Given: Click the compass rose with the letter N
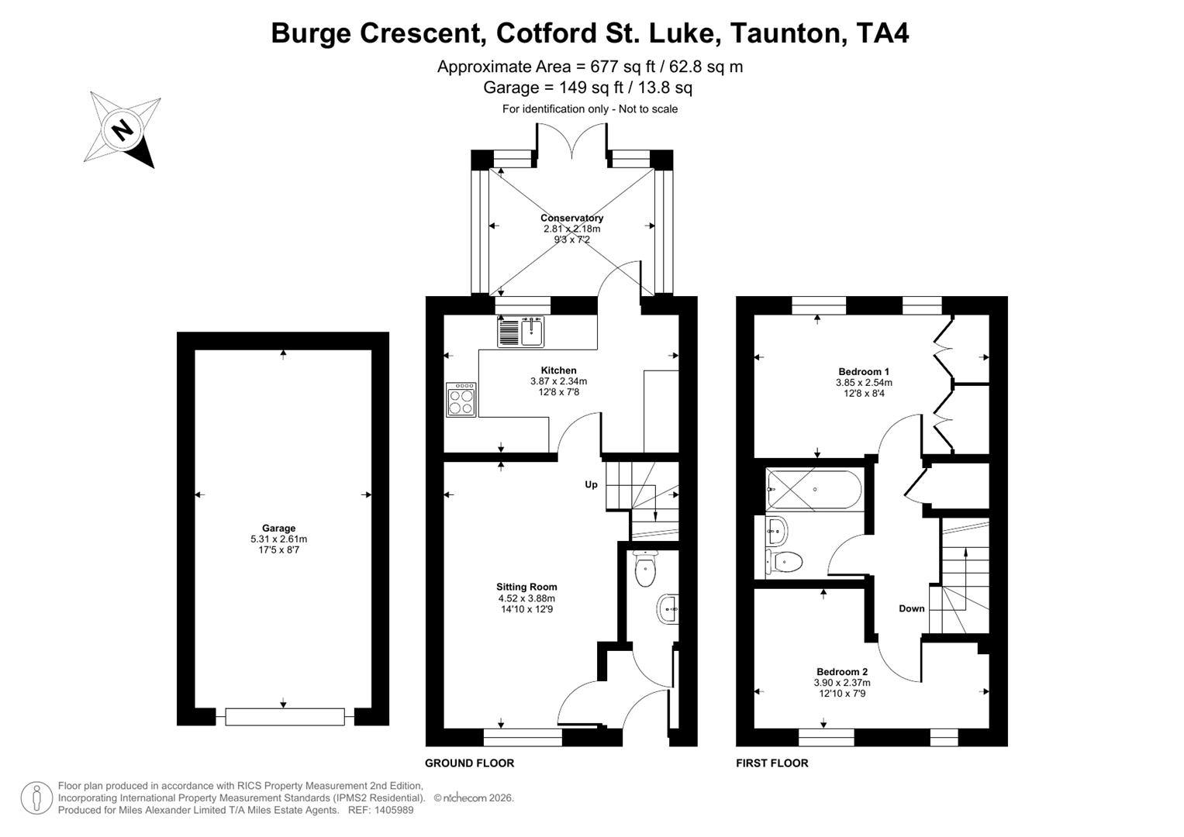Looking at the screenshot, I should (x=122, y=129).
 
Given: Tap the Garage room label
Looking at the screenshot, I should (x=278, y=529).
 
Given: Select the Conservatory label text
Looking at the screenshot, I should (x=571, y=218).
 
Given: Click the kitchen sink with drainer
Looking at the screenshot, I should (x=522, y=331).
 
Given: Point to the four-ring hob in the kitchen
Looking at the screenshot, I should (x=461, y=400).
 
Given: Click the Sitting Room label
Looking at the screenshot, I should (x=526, y=587).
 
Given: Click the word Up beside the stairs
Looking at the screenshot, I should (x=591, y=485).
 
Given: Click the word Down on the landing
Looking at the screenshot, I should (x=912, y=608).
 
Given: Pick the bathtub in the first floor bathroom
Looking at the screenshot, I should (x=813, y=489).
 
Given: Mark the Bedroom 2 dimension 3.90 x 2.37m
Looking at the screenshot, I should (x=842, y=683).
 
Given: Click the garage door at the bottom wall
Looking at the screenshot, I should (x=285, y=717).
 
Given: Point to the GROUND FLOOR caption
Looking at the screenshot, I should (x=469, y=763).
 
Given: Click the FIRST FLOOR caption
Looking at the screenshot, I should (x=771, y=763).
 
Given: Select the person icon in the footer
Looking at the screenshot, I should (x=36, y=798).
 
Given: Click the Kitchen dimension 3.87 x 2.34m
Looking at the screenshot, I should (x=558, y=381).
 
